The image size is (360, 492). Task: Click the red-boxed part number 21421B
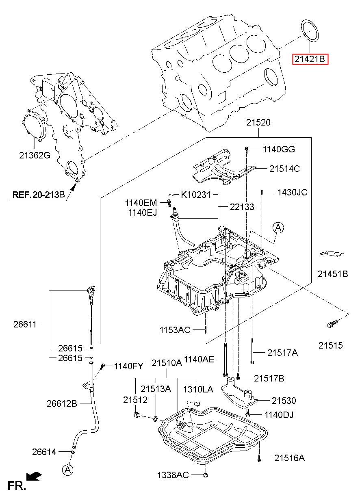click(x=310, y=59)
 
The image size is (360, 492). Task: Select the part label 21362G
click(x=35, y=155)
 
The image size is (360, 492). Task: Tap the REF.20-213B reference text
click(x=39, y=195)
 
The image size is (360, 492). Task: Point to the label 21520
click(x=258, y=123)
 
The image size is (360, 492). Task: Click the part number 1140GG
click(x=279, y=150)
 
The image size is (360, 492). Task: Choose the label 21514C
click(x=285, y=169)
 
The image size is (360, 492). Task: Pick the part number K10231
click(x=196, y=195)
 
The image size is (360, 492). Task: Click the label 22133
click(x=242, y=207)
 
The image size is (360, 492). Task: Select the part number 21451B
click(x=333, y=274)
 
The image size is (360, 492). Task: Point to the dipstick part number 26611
click(x=25, y=324)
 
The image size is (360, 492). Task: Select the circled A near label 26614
click(x=67, y=470)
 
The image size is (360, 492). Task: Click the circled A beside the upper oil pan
click(x=278, y=228)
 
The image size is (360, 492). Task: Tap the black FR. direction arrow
click(x=34, y=476)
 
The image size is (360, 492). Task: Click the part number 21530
click(x=284, y=401)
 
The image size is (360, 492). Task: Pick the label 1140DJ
click(x=279, y=415)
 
